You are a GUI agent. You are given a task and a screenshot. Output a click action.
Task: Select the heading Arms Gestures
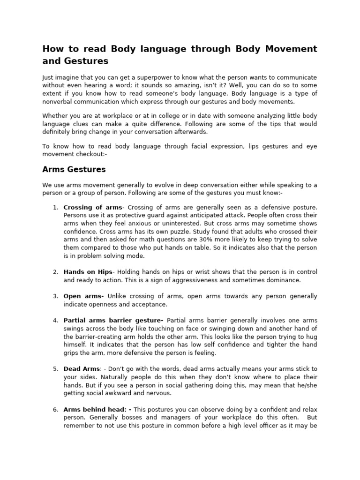[x=74, y=169]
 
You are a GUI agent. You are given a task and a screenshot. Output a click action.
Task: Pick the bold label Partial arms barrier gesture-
[x=113, y=320]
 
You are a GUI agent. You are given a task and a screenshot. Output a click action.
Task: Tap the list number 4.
[x=55, y=320]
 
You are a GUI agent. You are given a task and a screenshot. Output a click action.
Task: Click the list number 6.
[x=55, y=410]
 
